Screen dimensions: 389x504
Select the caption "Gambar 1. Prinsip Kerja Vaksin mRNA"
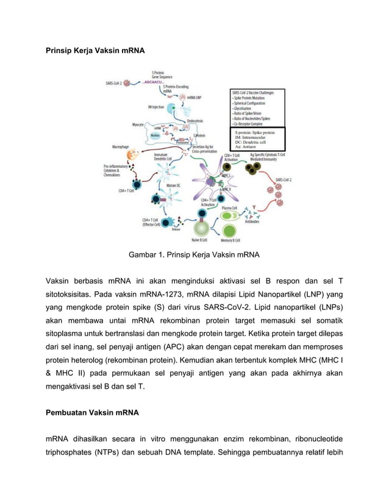click(194, 254)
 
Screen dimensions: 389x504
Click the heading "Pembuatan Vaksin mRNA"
click(93, 412)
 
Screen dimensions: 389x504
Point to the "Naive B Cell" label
click(199, 240)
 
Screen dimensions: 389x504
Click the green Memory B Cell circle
click(230, 230)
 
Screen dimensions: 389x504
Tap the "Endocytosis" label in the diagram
click(194, 121)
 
